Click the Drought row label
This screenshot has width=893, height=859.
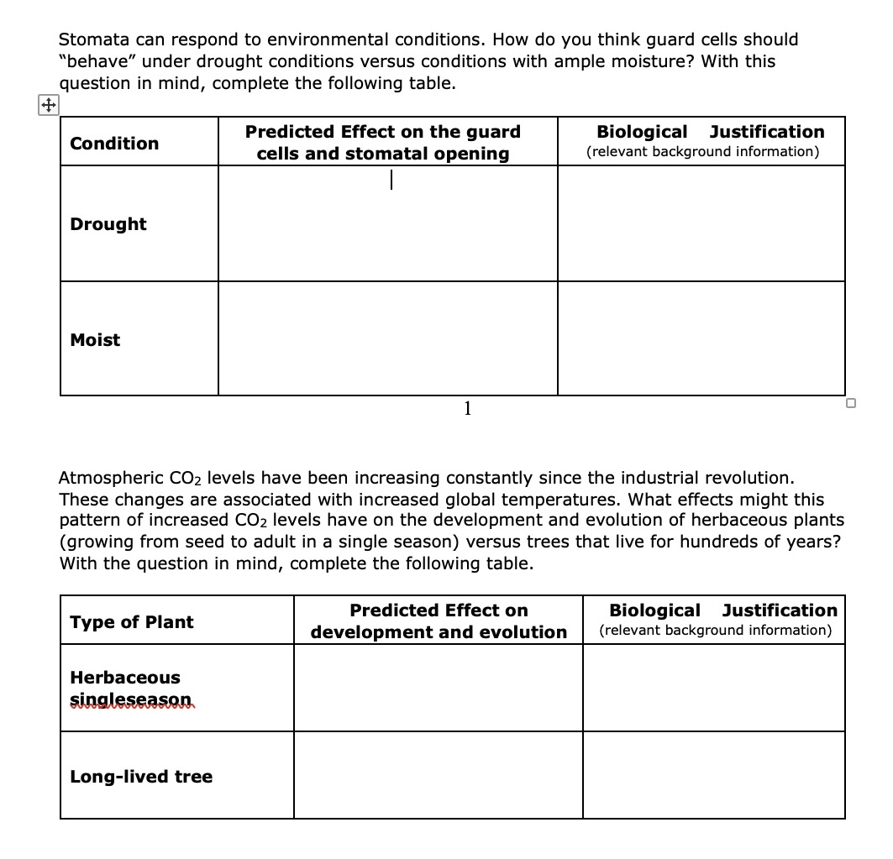pyautogui.click(x=108, y=224)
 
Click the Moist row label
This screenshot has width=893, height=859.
pyautogui.click(x=95, y=340)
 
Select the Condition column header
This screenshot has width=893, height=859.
pyautogui.click(x=114, y=144)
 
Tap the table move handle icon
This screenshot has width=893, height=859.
pyautogui.click(x=49, y=105)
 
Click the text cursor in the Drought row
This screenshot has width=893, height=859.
pyautogui.click(x=391, y=180)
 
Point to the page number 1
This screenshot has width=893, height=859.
pyautogui.click(x=467, y=409)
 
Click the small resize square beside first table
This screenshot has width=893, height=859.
pyautogui.click(x=851, y=404)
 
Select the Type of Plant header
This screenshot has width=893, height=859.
pyautogui.click(x=131, y=622)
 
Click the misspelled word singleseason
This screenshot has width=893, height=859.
pyautogui.click(x=131, y=699)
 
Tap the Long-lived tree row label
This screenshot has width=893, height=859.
pyautogui.click(x=141, y=777)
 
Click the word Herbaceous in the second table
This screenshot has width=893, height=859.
pyautogui.click(x=125, y=678)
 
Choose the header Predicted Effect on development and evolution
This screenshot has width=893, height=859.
pyautogui.click(x=439, y=621)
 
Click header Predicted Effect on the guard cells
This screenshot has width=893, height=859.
pyautogui.click(x=383, y=143)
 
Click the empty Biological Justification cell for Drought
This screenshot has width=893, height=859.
pyautogui.click(x=701, y=223)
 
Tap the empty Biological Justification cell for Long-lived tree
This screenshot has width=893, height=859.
pyautogui.click(x=713, y=775)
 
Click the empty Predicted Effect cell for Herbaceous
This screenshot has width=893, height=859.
pyautogui.click(x=438, y=688)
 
